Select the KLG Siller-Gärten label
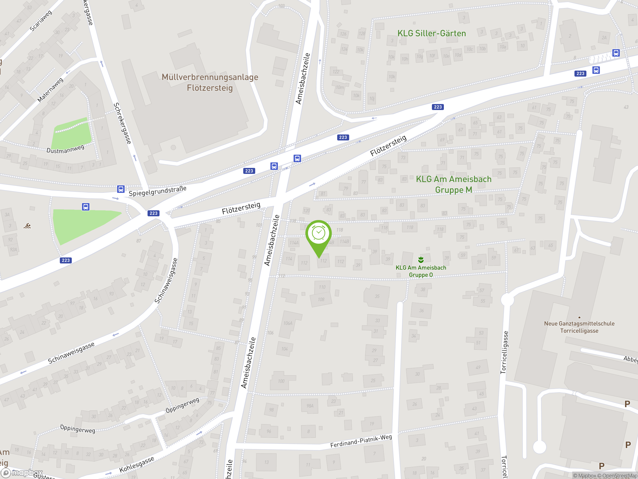(x=431, y=33)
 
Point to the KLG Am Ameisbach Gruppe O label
(x=421, y=271)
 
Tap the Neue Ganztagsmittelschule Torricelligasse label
(x=579, y=327)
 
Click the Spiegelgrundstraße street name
(x=158, y=191)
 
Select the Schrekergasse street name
(x=122, y=123)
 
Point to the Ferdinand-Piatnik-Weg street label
(x=361, y=441)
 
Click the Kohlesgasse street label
(x=137, y=465)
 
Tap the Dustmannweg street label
(x=66, y=149)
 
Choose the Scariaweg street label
(x=41, y=20)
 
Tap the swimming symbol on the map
(x=27, y=226)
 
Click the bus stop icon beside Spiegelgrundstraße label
(x=121, y=189)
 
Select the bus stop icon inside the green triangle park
(x=86, y=207)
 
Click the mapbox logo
(x=22, y=473)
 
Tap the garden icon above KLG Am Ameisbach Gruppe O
(x=421, y=259)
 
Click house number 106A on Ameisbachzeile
(x=288, y=323)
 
